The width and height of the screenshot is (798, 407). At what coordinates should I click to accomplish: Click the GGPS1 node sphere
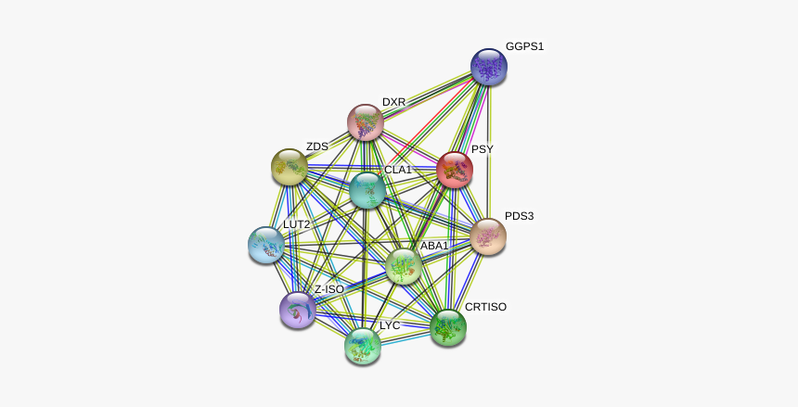tap(488, 67)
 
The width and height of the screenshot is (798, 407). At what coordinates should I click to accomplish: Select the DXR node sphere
tap(366, 122)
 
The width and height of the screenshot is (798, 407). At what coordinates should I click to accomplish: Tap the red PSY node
tap(455, 171)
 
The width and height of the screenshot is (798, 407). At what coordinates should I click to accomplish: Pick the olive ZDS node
tap(290, 167)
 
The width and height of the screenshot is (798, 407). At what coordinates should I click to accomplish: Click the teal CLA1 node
tap(368, 190)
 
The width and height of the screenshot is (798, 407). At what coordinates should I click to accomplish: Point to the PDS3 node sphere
tap(488, 237)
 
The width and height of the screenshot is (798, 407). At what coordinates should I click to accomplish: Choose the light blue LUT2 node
tap(267, 245)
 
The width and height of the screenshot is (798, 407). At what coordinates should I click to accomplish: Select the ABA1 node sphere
tap(404, 266)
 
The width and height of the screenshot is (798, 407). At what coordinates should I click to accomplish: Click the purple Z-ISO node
tap(297, 309)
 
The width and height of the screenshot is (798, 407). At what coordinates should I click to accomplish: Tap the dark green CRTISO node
tap(447, 327)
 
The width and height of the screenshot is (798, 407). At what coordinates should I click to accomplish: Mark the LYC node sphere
tap(363, 346)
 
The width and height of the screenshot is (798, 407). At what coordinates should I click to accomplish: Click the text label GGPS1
tap(524, 46)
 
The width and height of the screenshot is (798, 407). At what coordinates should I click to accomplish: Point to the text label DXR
tap(393, 102)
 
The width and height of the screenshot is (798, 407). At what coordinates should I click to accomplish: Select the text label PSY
tap(482, 149)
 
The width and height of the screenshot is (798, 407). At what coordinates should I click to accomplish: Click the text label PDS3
tap(519, 217)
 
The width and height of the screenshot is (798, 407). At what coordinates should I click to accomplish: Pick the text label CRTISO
tap(485, 307)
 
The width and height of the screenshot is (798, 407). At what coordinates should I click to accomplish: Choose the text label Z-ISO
tap(328, 289)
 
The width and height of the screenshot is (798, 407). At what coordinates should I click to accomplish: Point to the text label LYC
tap(390, 326)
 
